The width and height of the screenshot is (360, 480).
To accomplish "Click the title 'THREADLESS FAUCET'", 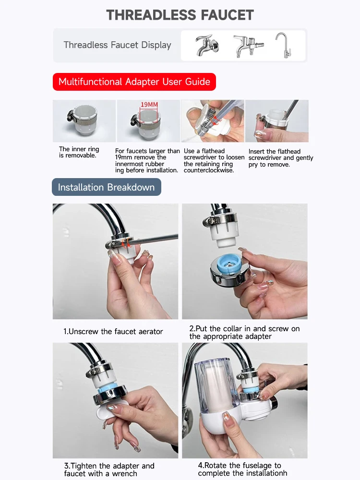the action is pyautogui.click(x=180, y=15).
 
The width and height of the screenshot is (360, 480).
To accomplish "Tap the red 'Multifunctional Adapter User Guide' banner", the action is pyautogui.click(x=134, y=82).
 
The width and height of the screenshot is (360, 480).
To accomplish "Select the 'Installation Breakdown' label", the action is pyautogui.click(x=107, y=187).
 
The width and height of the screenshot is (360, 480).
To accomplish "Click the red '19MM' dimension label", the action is pyautogui.click(x=149, y=105).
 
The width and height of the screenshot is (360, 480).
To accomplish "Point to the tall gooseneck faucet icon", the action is pyautogui.click(x=283, y=45).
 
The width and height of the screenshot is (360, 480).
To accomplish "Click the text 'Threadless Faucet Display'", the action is pyautogui.click(x=117, y=45).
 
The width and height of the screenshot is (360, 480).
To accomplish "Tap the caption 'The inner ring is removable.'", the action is pyautogui.click(x=79, y=152).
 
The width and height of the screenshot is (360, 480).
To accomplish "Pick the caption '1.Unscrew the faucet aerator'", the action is pyautogui.click(x=113, y=332).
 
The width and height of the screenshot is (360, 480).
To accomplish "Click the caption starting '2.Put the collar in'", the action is pyautogui.click(x=244, y=333).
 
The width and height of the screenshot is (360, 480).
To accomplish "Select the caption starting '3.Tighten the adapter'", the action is pyautogui.click(x=109, y=469).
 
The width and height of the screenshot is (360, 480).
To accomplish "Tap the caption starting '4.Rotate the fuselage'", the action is pyautogui.click(x=242, y=469).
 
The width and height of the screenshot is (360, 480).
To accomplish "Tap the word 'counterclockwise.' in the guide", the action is pyautogui.click(x=209, y=170).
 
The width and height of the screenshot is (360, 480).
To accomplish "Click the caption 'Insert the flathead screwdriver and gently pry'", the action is pyautogui.click(x=281, y=158).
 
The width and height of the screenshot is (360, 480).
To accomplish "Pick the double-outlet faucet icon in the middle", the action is pyautogui.click(x=248, y=46).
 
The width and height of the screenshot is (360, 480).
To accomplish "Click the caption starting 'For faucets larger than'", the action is pyautogui.click(x=147, y=161).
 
